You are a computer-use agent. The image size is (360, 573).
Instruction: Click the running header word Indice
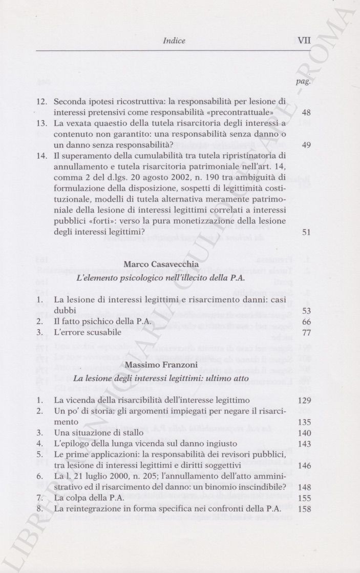pyautogui.click(x=174, y=40)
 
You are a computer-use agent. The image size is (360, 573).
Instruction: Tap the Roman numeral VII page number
pyautogui.click(x=304, y=40)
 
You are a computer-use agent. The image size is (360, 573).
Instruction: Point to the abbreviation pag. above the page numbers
pyautogui.click(x=304, y=82)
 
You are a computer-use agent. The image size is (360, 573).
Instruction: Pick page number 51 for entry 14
pyautogui.click(x=306, y=232)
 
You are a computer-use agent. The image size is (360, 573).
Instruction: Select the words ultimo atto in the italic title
pyautogui.click(x=224, y=378)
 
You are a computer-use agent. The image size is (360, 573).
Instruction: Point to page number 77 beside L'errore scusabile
pyautogui.click(x=306, y=332)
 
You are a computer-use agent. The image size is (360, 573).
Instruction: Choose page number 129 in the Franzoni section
pyautogui.click(x=304, y=400)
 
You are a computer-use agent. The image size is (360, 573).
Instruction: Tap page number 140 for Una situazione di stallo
pyautogui.click(x=304, y=433)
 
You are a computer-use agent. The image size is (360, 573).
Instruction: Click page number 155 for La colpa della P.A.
pyautogui.click(x=304, y=498)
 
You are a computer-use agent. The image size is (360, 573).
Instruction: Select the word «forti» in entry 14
pyautogui.click(x=107, y=220)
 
